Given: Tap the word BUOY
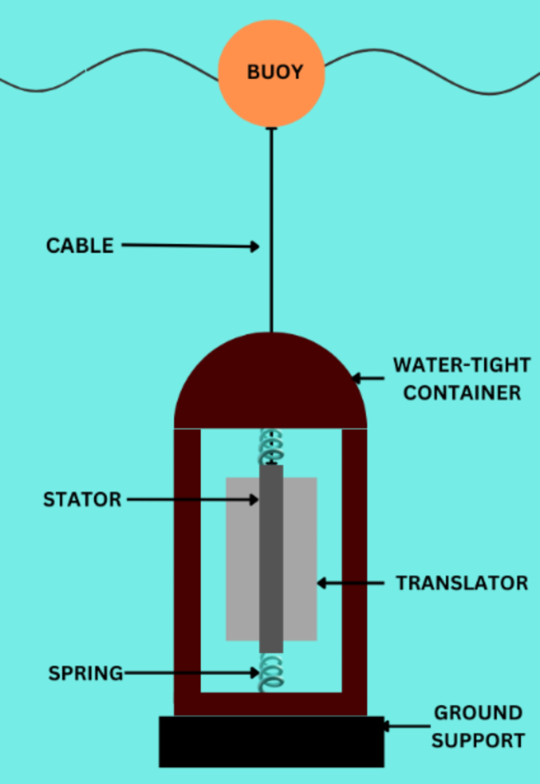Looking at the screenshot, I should click(x=274, y=73).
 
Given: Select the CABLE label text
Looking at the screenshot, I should click(x=80, y=245).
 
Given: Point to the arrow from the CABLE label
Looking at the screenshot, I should click(x=189, y=246).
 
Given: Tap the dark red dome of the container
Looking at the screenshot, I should click(x=270, y=386).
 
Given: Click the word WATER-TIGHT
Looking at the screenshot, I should click(x=456, y=366).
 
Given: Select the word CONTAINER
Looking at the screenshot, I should click(x=462, y=392).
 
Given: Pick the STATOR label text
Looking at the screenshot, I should click(x=82, y=500).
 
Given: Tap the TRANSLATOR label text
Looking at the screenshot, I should click(x=461, y=584).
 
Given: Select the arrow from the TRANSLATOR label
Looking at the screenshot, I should click(x=351, y=584).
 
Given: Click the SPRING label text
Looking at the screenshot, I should click(x=85, y=674).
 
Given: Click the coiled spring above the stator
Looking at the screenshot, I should click(x=270, y=446).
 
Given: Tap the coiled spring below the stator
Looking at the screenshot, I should click(x=270, y=673).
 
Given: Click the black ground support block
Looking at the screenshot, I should click(x=271, y=741).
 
